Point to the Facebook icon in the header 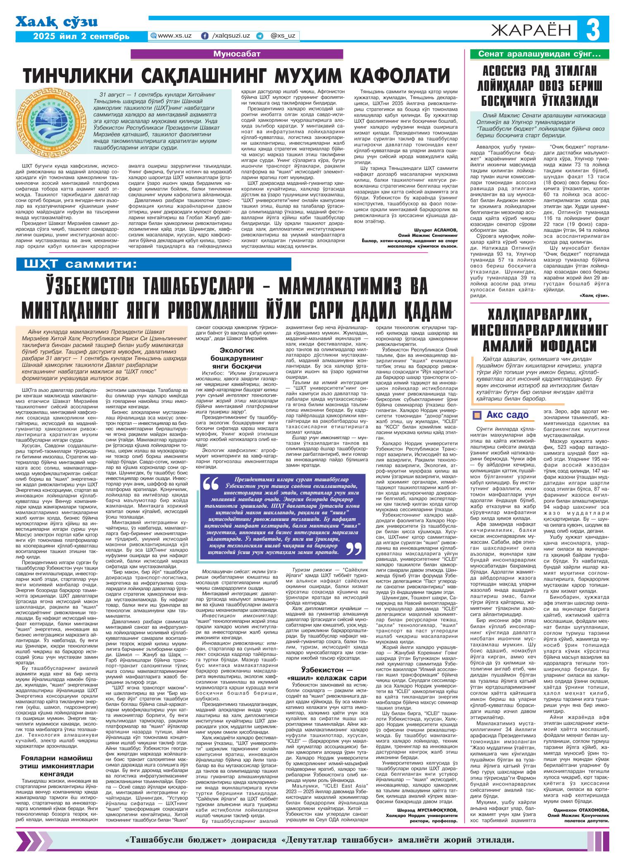click(x=204, y=36)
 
